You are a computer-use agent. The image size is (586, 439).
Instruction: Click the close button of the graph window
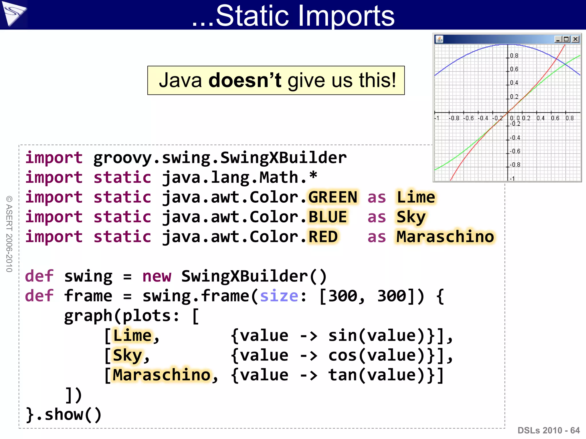[x=575, y=39]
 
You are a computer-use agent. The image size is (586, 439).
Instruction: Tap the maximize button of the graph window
[x=567, y=39]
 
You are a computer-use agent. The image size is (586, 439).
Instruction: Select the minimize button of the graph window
[x=558, y=39]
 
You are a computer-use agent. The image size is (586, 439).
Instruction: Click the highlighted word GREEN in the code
[x=333, y=197]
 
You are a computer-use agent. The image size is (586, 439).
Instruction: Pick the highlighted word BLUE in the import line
[x=328, y=217]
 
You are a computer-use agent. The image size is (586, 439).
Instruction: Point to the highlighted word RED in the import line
[x=323, y=237]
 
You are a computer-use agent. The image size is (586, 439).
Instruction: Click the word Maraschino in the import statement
[x=445, y=237]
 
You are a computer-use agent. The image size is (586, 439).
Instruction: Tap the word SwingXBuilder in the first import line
[x=283, y=158]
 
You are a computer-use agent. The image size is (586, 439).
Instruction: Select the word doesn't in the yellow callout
[x=245, y=80]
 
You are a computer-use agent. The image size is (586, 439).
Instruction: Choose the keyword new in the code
[x=157, y=276]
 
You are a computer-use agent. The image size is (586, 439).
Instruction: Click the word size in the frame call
[x=279, y=296]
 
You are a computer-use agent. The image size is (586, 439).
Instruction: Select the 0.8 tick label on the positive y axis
[x=514, y=56]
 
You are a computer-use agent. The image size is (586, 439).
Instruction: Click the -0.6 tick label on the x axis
[x=469, y=118]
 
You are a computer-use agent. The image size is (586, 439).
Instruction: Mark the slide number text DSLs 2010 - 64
[x=549, y=430]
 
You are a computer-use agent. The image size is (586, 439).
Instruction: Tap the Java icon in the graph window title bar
[x=439, y=39]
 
